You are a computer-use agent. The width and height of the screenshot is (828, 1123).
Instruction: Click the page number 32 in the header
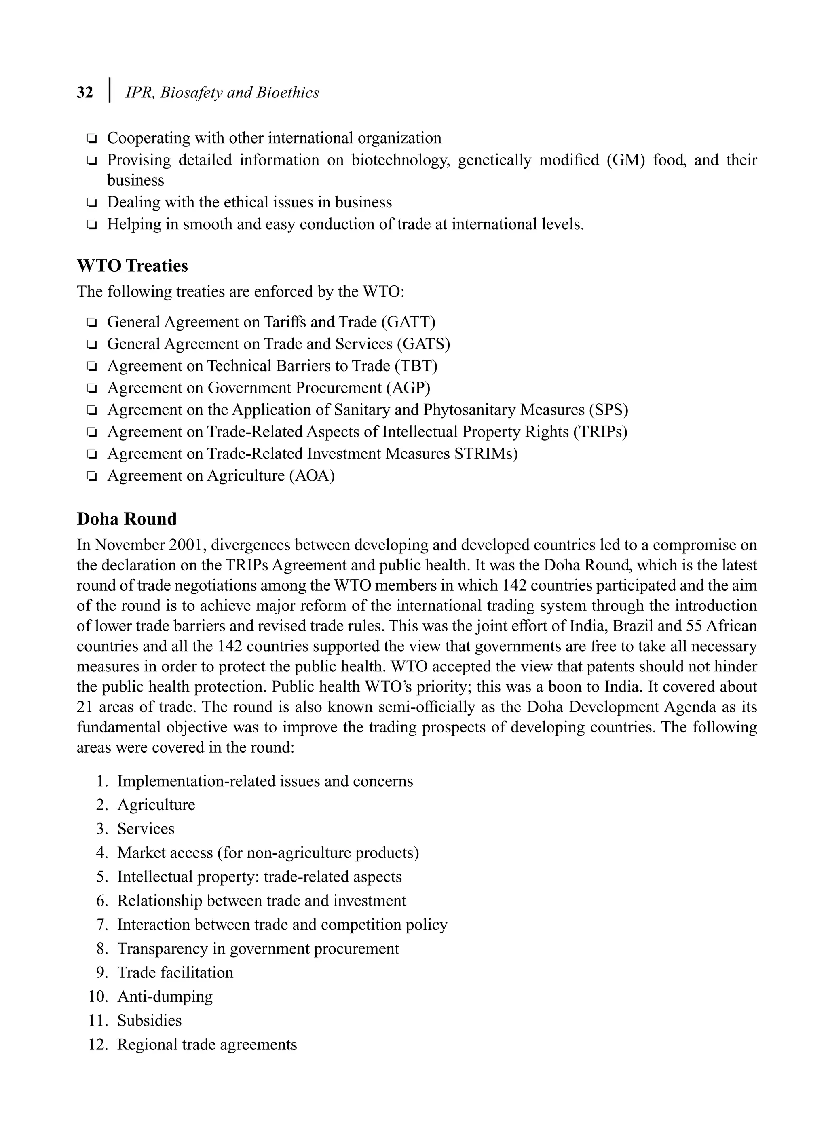click(x=85, y=93)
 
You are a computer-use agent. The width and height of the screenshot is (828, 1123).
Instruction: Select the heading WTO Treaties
click(x=132, y=266)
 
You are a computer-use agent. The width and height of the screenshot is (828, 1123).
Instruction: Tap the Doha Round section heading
click(x=127, y=519)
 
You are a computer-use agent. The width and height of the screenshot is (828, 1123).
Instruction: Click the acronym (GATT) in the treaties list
click(x=408, y=322)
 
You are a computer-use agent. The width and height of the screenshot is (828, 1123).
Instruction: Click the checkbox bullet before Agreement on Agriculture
click(x=92, y=476)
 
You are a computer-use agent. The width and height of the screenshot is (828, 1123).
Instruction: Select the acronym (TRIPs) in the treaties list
click(x=600, y=431)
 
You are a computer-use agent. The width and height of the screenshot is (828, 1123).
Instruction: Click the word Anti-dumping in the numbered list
click(x=165, y=996)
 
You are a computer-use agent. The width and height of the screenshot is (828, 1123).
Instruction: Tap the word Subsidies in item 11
click(x=149, y=1020)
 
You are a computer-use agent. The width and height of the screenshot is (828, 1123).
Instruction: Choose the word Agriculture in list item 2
click(x=156, y=805)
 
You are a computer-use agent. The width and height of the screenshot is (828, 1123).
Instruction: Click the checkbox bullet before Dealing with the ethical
click(x=92, y=203)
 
